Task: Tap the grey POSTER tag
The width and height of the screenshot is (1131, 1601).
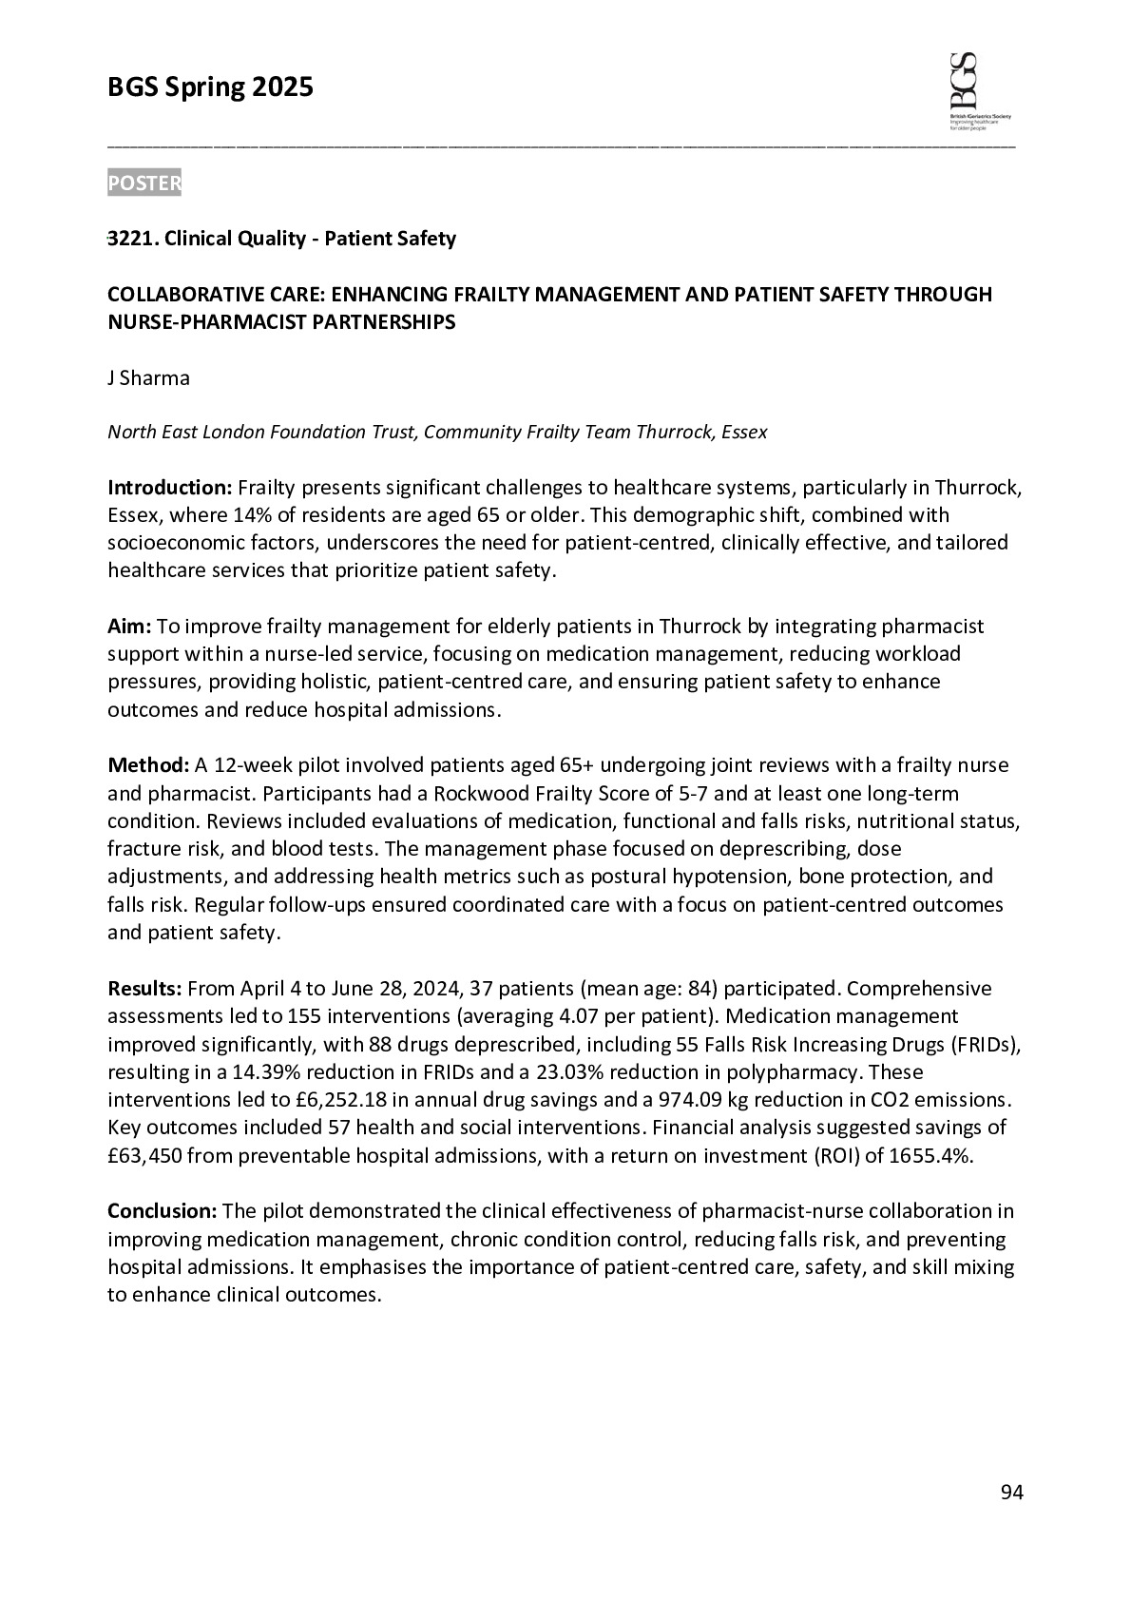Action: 144,183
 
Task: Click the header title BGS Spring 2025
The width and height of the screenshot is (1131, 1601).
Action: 210,88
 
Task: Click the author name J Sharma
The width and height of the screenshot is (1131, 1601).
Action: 148,378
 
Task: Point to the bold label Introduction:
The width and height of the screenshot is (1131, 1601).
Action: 169,488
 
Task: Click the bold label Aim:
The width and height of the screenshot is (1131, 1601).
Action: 129,627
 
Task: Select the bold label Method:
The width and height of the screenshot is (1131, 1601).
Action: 148,765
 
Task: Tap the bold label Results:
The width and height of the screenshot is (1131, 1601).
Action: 144,989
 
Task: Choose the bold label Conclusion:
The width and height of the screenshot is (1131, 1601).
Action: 163,1211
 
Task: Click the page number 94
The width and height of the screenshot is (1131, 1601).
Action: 1011,1493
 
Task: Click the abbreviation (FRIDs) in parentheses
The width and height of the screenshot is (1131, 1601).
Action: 983,1045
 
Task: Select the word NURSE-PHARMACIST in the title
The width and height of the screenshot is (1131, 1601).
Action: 198,322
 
